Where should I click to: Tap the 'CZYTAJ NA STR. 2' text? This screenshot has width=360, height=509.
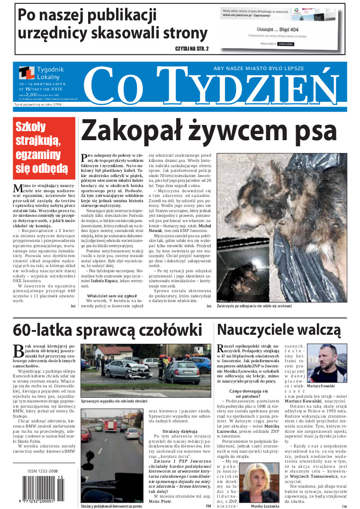click(192, 49)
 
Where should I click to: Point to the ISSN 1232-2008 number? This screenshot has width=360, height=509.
click(40, 472)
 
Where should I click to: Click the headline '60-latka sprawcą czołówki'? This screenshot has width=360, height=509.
click(108, 330)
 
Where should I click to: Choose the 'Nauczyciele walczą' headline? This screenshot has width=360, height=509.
click(279, 330)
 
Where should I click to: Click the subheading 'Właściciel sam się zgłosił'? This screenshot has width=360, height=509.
click(114, 295)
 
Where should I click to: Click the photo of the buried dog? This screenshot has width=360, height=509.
click(281, 227)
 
